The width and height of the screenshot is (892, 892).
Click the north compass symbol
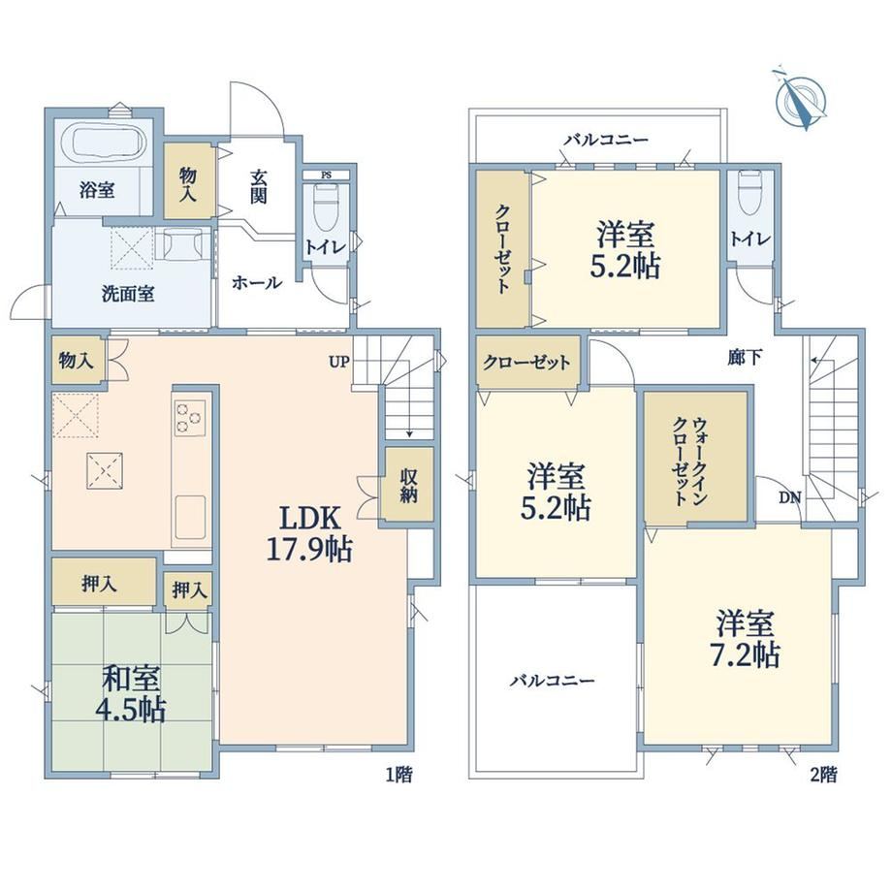801,100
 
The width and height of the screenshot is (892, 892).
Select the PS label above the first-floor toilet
327,175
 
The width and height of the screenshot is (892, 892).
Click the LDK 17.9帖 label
309,533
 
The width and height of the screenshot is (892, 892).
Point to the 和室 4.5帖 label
133,694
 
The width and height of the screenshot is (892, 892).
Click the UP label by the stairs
339,362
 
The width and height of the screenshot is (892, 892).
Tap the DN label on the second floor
789,498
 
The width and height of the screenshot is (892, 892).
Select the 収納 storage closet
408,484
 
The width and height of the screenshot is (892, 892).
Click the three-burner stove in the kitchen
190,418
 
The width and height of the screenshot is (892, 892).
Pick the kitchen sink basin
190,517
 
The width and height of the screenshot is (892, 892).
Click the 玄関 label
258,186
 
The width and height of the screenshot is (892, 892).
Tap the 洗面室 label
128,294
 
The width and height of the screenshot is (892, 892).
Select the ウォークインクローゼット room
695,457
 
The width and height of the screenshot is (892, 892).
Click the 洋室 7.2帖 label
746,638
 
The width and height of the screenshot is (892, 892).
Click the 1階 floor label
398,775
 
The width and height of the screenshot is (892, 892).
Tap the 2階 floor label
823,775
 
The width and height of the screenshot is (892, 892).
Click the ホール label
257,282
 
